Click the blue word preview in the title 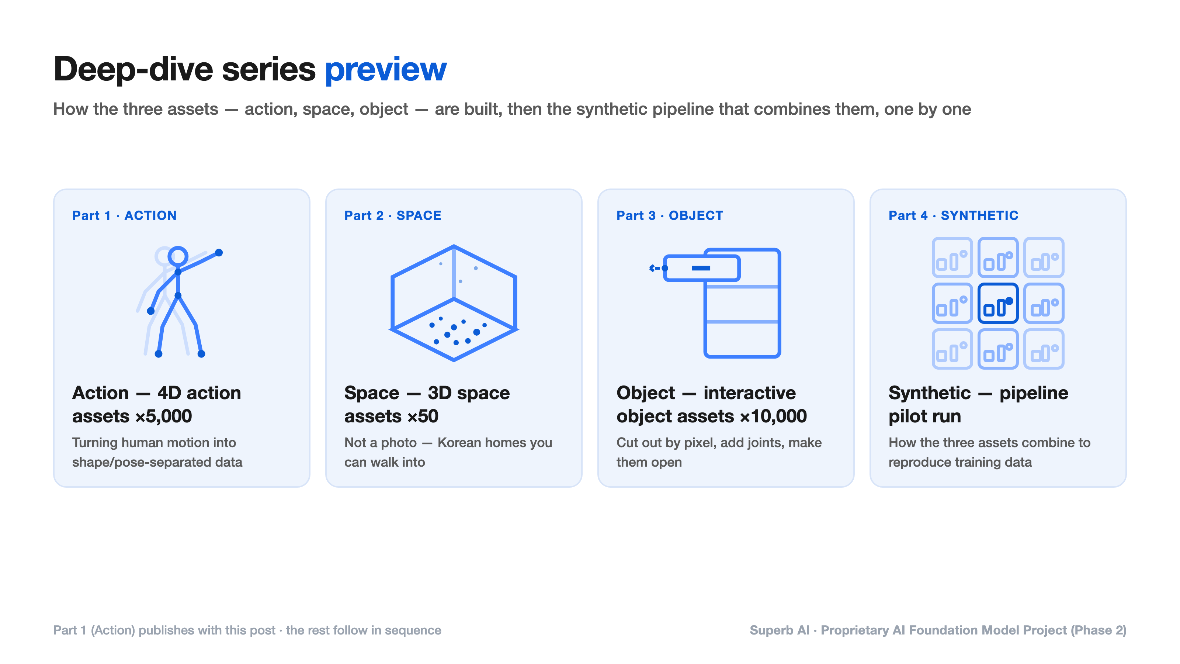[x=386, y=70]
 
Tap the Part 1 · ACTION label [x=124, y=215]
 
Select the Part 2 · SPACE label [x=393, y=215]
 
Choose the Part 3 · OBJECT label [x=670, y=215]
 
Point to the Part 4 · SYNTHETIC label [x=953, y=215]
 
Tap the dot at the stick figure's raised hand [x=219, y=252]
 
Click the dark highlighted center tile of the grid [x=998, y=303]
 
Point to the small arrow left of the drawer [x=655, y=268]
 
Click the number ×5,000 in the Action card [x=163, y=416]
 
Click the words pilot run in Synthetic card [x=924, y=416]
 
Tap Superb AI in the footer [x=779, y=630]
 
